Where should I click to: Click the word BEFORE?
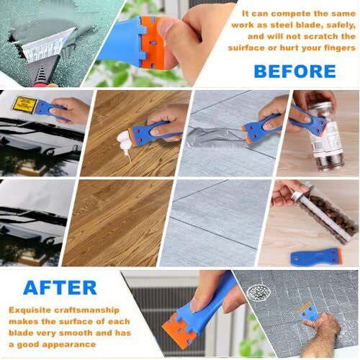(294, 71)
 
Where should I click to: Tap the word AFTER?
(60, 287)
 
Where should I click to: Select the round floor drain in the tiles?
(257, 292)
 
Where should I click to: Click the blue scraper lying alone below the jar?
(315, 257)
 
